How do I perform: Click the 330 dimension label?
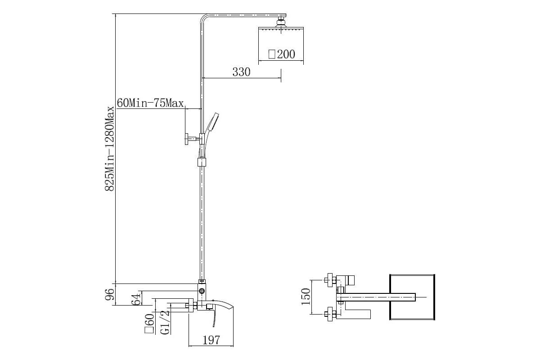tap(241, 72)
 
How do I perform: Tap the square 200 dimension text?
tap(282, 54)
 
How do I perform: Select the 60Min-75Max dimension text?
tap(150, 103)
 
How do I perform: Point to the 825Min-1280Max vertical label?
tap(110, 149)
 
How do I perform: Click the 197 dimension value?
tap(211, 340)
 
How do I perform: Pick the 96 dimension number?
tap(110, 294)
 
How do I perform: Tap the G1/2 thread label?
tap(165, 322)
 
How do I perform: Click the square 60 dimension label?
tap(149, 324)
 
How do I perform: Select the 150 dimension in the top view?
tap(306, 297)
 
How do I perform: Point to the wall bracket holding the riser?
tap(192, 139)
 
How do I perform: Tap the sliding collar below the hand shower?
tap(202, 162)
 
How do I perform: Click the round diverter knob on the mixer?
tap(202, 292)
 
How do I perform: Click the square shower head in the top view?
tap(412, 297)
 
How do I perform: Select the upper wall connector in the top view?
tap(330, 280)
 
